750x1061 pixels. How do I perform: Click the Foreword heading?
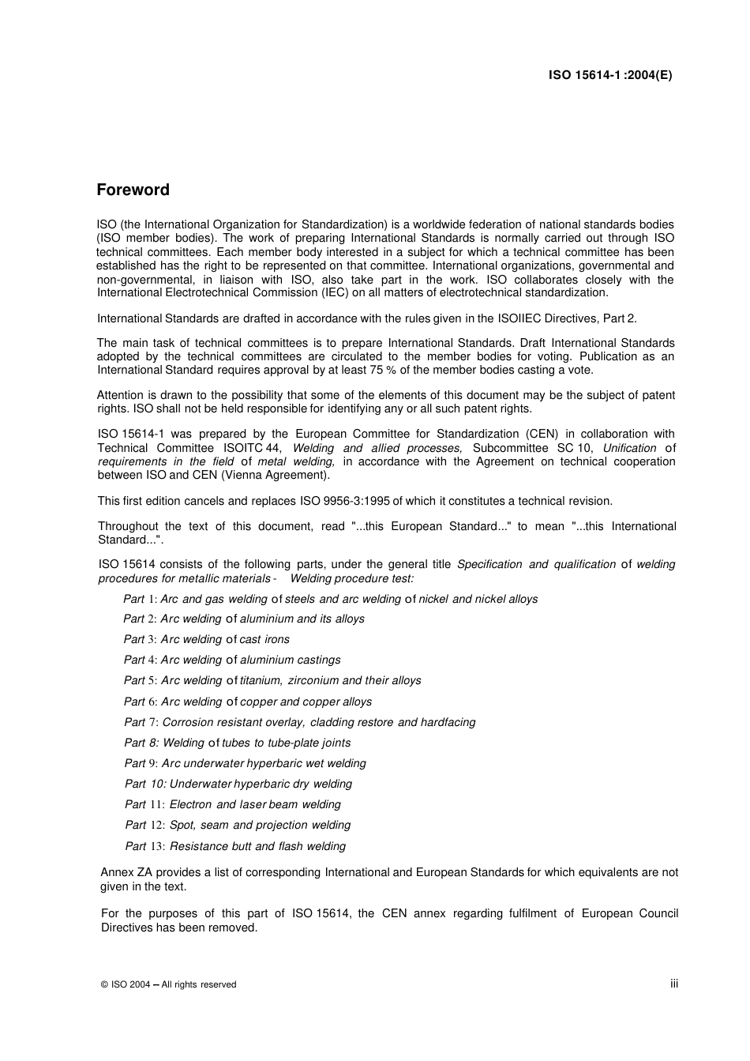coord(133,190)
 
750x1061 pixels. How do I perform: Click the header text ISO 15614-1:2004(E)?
coord(610,76)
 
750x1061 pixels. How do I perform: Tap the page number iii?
coord(673,984)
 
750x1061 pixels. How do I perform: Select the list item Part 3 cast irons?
coord(206,639)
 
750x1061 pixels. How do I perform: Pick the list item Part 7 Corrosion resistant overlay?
coord(299,722)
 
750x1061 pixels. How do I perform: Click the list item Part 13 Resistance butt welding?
coord(235,846)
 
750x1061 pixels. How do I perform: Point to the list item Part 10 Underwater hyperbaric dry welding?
coord(238,784)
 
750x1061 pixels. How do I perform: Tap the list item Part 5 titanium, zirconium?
coord(272,680)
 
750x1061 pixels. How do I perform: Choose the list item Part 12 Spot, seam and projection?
coord(238,825)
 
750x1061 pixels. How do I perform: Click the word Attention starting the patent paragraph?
coord(120,395)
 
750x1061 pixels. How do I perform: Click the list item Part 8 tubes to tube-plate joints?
coord(237,743)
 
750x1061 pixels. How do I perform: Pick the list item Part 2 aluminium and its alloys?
coord(244,619)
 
